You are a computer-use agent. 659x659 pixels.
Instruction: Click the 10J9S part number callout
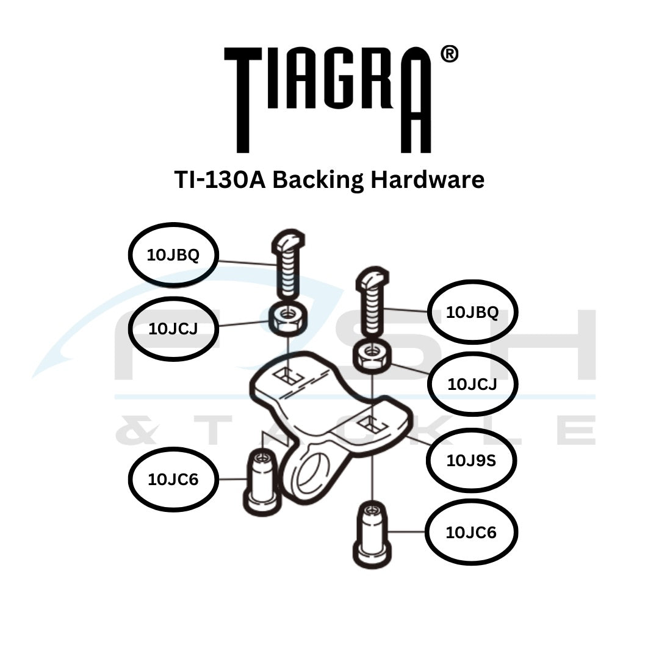click(471, 460)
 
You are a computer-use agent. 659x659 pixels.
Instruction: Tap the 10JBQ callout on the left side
click(173, 255)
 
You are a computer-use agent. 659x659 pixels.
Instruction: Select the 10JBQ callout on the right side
click(472, 312)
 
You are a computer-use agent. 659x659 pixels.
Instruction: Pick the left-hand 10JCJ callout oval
click(173, 329)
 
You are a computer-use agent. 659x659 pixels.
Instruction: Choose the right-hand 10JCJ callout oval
click(472, 384)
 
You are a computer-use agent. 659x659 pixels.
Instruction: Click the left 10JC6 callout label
click(173, 480)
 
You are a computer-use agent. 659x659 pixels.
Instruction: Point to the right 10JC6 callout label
click(471, 533)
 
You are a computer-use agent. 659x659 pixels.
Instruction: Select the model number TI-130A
click(220, 179)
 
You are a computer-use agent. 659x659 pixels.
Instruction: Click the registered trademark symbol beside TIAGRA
click(448, 54)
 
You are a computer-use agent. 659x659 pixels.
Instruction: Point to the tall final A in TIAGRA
click(416, 104)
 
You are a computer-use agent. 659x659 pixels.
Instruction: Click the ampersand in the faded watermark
click(135, 431)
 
